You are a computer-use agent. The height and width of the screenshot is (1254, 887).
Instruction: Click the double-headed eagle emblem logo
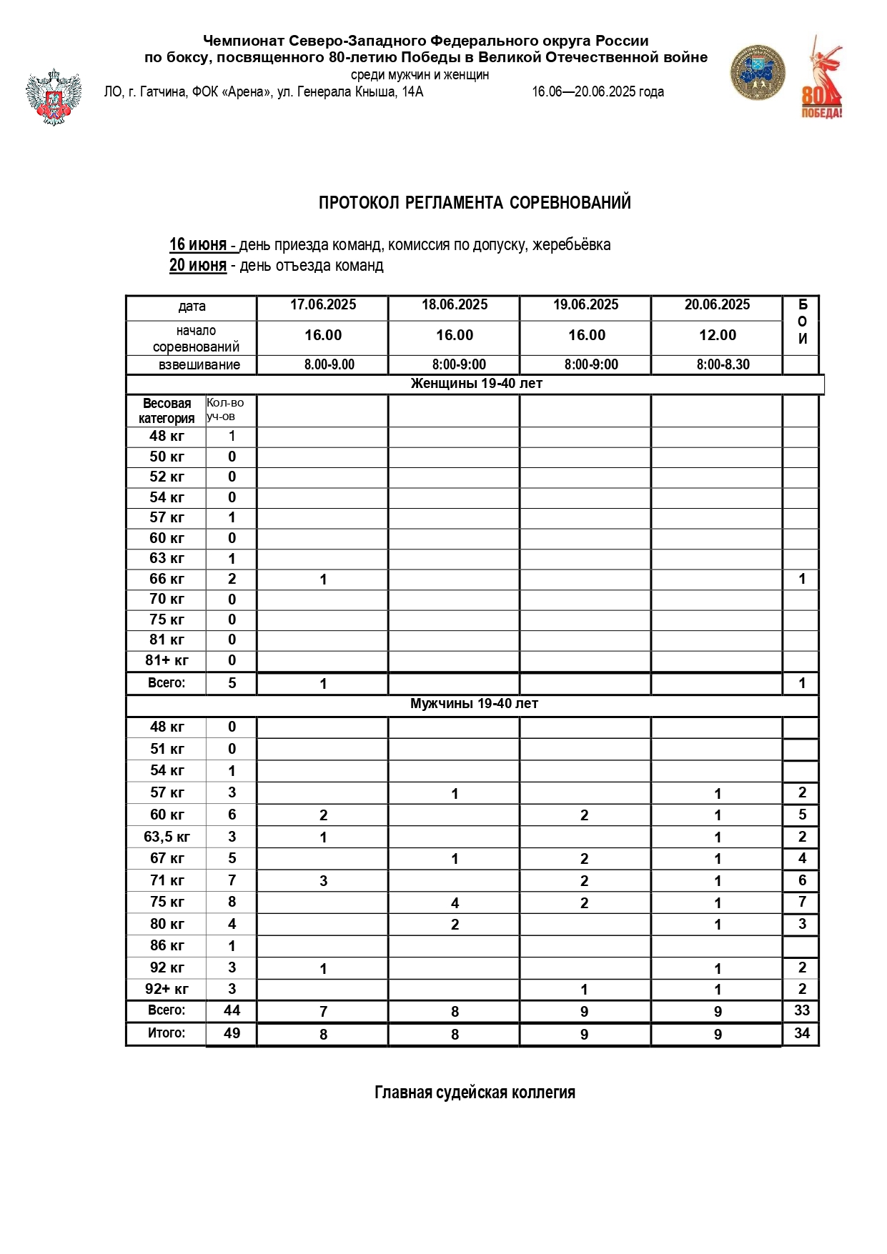click(x=54, y=97)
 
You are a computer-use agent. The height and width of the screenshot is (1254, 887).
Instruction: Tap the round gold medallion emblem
click(x=757, y=73)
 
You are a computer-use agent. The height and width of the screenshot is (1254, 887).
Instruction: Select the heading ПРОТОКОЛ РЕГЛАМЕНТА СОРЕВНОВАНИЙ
click(x=475, y=203)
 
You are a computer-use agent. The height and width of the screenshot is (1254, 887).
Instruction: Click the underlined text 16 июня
click(x=198, y=244)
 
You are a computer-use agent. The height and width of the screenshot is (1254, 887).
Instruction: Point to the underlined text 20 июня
click(x=198, y=265)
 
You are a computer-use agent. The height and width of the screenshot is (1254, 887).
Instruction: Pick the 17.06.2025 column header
click(x=323, y=305)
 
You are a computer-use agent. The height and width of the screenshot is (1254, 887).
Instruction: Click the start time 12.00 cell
click(x=718, y=335)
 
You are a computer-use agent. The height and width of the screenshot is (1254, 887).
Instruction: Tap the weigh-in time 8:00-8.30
click(x=723, y=364)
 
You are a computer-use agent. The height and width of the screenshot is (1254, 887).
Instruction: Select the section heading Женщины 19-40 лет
click(x=476, y=384)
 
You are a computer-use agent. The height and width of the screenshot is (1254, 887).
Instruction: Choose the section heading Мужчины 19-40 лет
click(x=474, y=704)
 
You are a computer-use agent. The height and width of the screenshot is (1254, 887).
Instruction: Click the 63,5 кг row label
click(x=167, y=837)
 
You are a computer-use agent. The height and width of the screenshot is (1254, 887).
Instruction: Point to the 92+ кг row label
click(x=167, y=990)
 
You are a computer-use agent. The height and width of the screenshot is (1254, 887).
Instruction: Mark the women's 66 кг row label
click(x=167, y=579)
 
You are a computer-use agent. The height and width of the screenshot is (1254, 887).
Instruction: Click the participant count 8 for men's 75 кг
click(x=232, y=902)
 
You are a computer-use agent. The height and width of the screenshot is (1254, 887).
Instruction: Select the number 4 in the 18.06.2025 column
click(x=455, y=903)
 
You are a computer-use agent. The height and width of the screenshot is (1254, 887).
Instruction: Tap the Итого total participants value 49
click(x=232, y=1033)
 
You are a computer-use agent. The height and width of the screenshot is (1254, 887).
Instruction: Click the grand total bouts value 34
click(x=802, y=1033)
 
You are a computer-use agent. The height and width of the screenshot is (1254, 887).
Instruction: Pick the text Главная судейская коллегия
click(x=475, y=1093)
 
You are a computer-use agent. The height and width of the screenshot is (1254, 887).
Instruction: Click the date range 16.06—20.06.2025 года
click(x=598, y=91)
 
